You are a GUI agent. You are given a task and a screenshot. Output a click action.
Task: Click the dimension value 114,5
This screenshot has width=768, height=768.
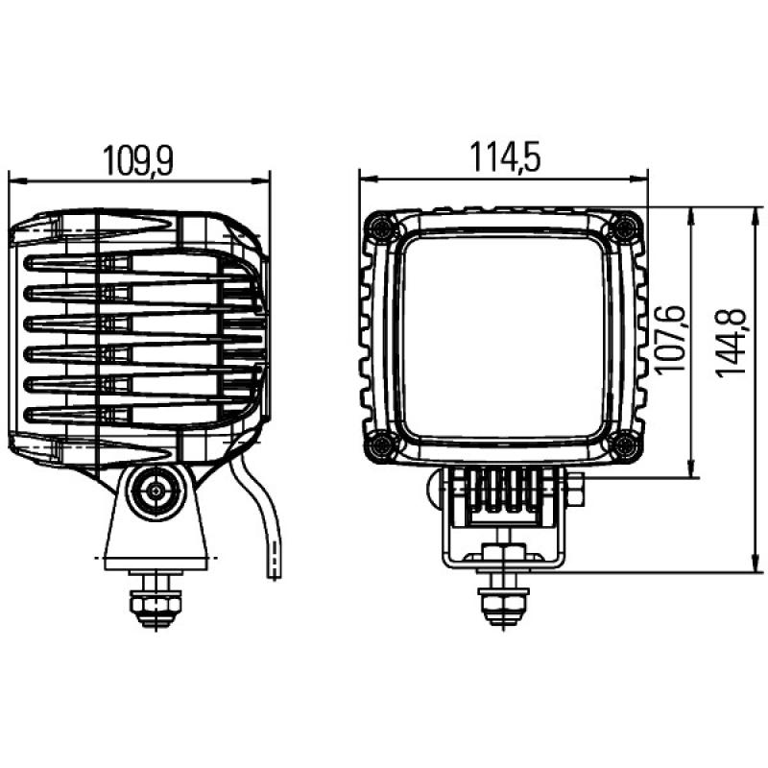tap(503, 156)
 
